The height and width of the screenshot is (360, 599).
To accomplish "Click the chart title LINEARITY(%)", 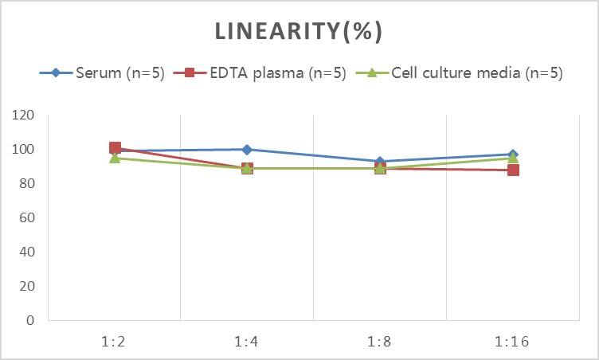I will [299, 31].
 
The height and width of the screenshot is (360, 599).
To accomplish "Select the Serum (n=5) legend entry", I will [119, 73].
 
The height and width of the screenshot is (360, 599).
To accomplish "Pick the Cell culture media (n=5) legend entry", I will [476, 73].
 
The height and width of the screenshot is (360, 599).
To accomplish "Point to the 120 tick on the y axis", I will [24, 115].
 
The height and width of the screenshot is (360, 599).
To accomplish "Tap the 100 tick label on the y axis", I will [24, 150].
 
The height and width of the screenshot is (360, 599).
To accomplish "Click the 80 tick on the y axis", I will [27, 184].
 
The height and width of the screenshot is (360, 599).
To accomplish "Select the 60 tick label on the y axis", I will [27, 217].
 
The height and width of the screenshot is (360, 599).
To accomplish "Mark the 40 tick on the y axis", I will [27, 252].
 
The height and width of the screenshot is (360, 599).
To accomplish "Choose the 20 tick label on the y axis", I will [27, 286].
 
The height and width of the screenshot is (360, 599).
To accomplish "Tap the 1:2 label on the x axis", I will [115, 342].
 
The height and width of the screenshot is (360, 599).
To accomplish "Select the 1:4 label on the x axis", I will [247, 342].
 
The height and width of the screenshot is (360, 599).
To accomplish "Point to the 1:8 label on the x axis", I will [380, 342].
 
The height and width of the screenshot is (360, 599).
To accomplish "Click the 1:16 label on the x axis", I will [512, 342].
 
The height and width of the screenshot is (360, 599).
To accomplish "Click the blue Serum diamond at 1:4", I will [247, 150].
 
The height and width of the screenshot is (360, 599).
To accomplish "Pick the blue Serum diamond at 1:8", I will [380, 162].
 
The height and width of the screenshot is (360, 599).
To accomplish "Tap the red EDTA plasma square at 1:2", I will [115, 148].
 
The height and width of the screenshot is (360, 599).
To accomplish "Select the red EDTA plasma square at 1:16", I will [513, 170].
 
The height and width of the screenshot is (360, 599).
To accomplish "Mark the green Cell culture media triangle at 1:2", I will [115, 158].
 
